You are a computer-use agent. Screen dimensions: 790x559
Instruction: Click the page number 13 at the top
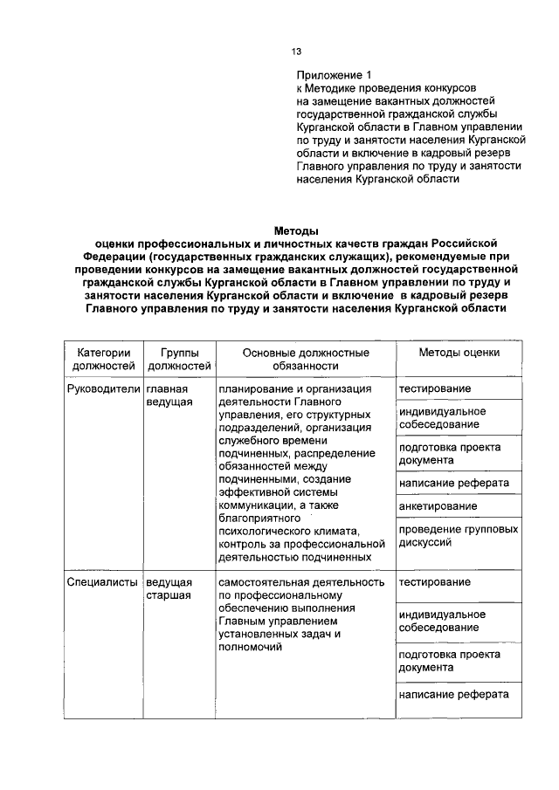(x=297, y=52)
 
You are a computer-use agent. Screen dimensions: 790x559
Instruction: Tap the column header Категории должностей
(x=104, y=359)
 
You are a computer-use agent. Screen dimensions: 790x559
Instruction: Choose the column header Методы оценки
(x=459, y=353)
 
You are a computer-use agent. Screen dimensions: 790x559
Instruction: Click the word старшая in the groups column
(x=169, y=595)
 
